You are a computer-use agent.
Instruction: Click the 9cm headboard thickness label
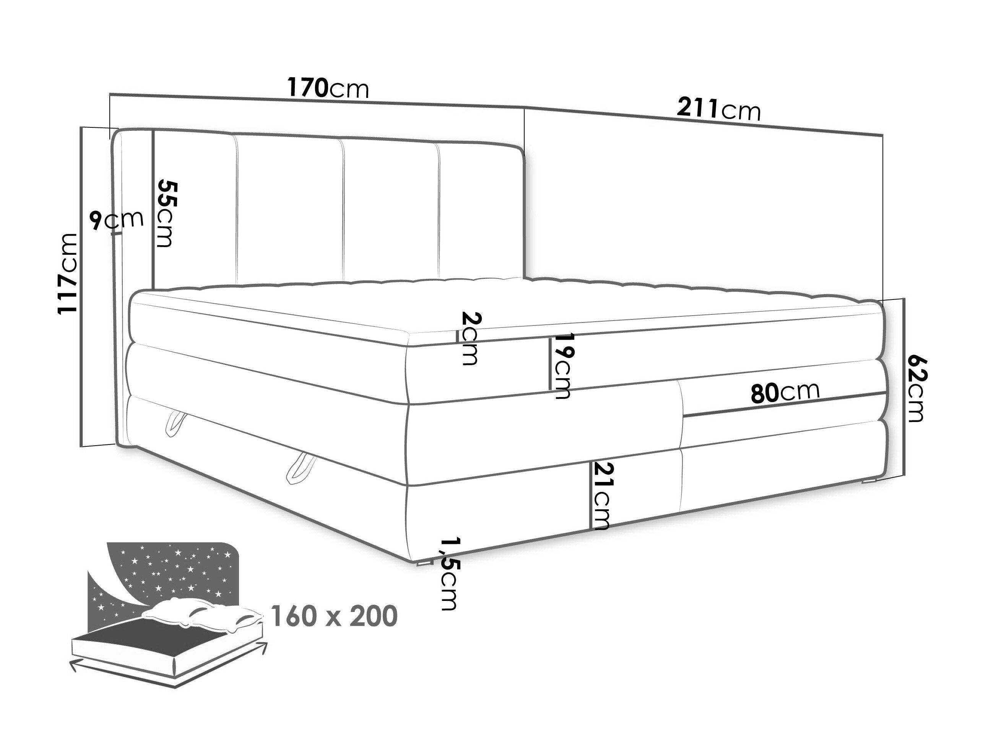(117, 220)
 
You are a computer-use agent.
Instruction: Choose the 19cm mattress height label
(561, 366)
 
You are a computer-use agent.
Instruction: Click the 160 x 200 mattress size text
(333, 616)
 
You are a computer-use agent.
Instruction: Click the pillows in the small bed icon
(203, 614)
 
